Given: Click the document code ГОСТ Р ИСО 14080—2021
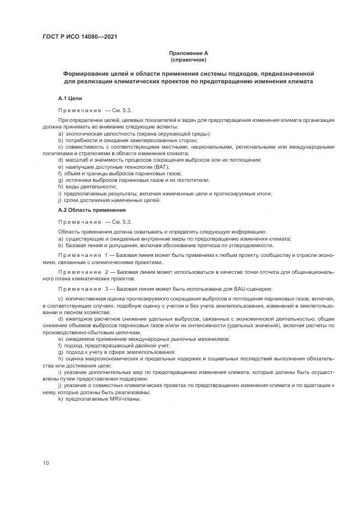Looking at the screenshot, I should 80,37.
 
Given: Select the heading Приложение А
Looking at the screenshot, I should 188,53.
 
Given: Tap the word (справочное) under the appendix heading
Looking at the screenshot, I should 188,59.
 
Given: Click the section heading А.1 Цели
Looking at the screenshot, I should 70,99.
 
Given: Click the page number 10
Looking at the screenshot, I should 46,463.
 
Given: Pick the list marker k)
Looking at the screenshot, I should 60,399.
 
